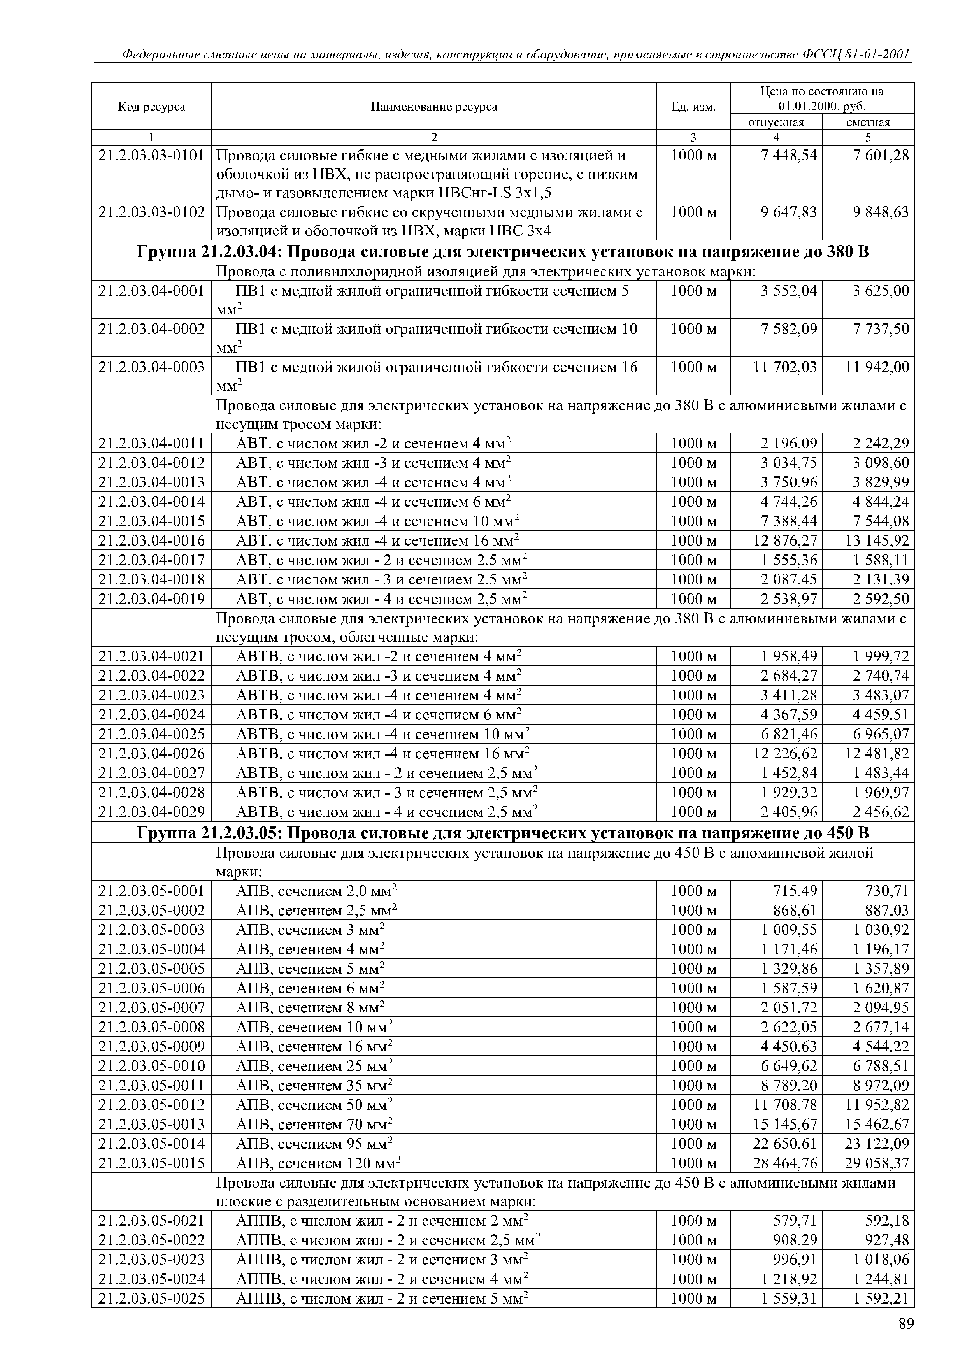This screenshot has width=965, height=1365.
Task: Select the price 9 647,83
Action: pyautogui.click(x=788, y=212)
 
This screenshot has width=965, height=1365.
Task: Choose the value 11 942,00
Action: pyautogui.click(x=877, y=367)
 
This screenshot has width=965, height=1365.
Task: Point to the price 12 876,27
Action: pyautogui.click(x=785, y=540)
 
